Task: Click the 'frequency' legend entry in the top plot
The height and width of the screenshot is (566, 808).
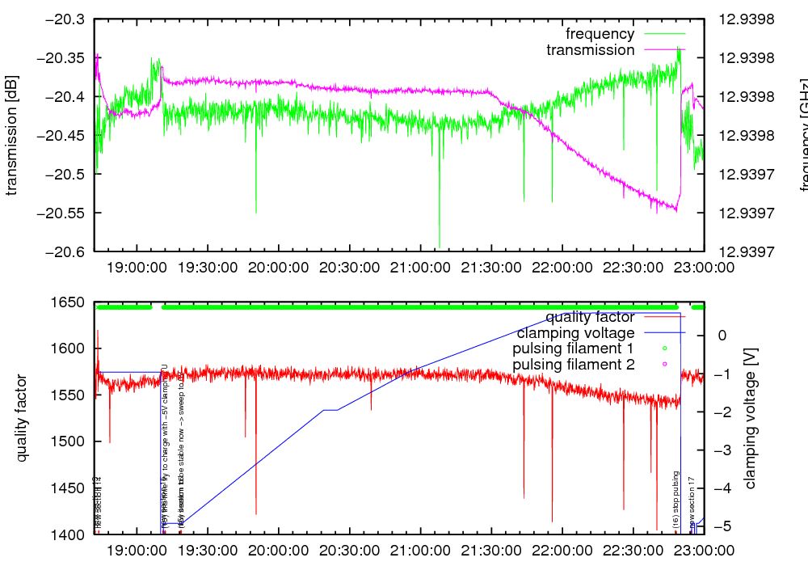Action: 600,34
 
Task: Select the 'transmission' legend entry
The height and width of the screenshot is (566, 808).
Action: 590,50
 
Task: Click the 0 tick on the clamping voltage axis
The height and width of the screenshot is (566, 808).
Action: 721,336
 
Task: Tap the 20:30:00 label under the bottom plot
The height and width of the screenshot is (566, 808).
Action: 348,549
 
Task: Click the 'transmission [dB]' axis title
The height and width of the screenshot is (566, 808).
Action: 12,135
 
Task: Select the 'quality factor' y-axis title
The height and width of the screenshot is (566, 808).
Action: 21,418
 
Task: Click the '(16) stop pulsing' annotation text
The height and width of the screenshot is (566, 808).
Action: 676,500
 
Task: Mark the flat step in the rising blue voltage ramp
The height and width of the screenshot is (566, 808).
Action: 330,410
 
